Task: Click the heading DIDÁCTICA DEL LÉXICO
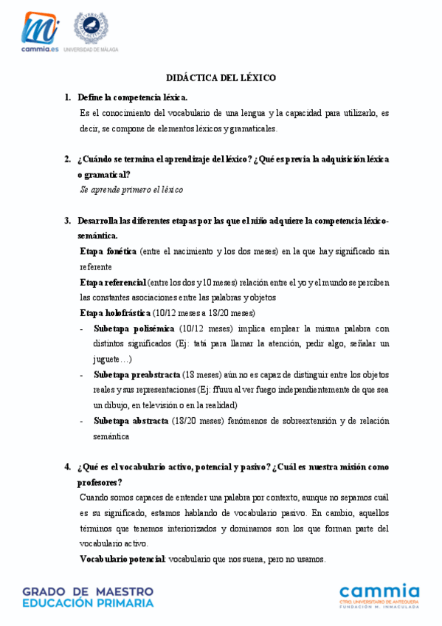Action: (x=221, y=78)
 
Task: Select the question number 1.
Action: (x=67, y=97)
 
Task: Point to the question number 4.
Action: (x=67, y=467)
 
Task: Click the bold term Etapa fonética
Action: (x=108, y=252)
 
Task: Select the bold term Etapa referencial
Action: (x=113, y=283)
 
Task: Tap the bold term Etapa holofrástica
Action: (x=115, y=313)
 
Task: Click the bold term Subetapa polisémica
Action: (x=134, y=329)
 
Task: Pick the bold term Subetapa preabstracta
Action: (x=137, y=374)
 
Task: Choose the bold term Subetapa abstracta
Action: (x=131, y=421)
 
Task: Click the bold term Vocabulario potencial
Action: (x=122, y=559)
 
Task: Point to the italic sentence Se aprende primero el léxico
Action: (x=131, y=190)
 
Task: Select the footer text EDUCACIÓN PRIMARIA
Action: (x=88, y=603)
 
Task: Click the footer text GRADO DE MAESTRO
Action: (x=88, y=591)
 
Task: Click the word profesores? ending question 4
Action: (x=100, y=483)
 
